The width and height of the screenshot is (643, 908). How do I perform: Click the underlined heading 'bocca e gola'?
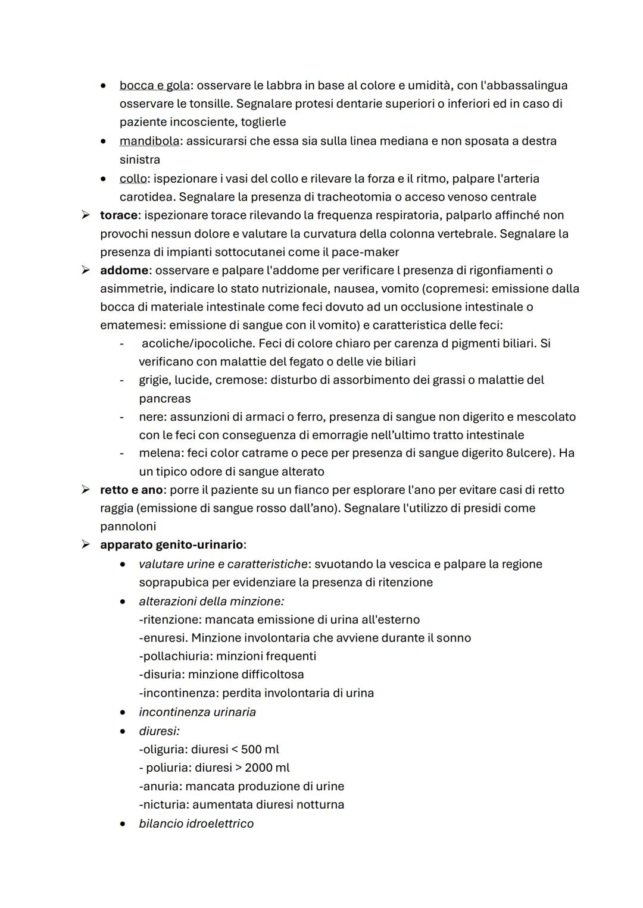coord(154,85)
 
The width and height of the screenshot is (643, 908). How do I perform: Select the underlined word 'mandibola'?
coord(149,141)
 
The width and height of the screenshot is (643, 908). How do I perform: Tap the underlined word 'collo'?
coord(133,179)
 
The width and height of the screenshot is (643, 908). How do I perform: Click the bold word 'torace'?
coord(118,215)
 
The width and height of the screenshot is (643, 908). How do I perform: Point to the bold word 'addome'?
coord(124,270)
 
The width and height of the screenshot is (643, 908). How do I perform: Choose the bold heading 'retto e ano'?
coord(132,490)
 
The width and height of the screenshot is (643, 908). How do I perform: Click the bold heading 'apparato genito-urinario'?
coord(171,544)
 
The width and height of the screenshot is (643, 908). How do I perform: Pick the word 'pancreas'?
coord(164,399)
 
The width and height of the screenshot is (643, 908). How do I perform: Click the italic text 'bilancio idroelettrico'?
coord(196,824)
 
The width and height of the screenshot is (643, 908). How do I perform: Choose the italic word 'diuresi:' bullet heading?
coord(159,731)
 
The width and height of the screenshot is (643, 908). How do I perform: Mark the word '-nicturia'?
coord(163,804)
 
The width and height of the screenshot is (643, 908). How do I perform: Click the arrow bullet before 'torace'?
coord(86,215)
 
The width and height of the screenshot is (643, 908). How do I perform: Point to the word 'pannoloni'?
coord(128,527)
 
